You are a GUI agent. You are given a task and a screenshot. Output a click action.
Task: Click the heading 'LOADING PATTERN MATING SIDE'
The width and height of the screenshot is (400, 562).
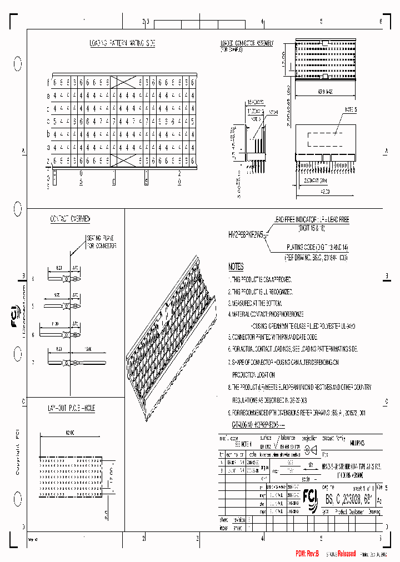click(123, 43)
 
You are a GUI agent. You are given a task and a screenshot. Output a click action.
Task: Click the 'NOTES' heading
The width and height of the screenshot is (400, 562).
click(236, 267)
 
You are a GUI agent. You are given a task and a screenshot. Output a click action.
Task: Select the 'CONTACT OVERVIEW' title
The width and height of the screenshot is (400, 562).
click(70, 219)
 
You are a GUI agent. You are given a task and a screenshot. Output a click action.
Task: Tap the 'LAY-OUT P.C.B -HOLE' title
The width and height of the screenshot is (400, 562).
click(71, 408)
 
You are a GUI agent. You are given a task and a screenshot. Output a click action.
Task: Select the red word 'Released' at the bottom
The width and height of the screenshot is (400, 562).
click(342, 554)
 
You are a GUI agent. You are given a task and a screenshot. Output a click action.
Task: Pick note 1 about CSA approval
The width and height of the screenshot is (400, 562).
click(260, 280)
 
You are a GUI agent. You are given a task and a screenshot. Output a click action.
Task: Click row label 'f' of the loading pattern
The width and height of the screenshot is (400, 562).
click(48, 82)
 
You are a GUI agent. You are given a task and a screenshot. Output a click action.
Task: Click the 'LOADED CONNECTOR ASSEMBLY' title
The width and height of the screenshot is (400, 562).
click(246, 43)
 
